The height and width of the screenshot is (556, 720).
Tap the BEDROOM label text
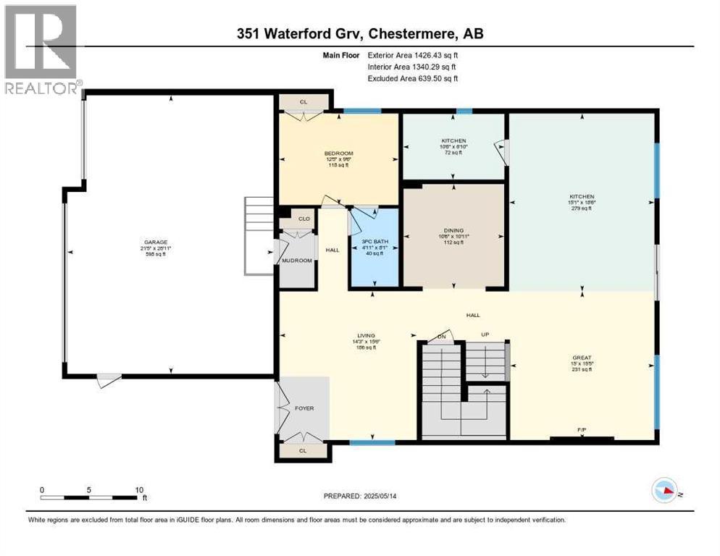click(338, 153)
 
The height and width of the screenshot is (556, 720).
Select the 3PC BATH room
click(374, 247)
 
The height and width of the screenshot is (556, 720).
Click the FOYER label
click(304, 408)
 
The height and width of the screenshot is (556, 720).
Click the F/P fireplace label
click(581, 430)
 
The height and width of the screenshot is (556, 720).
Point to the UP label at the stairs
click(486, 334)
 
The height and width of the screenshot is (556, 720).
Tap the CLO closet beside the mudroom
click(304, 218)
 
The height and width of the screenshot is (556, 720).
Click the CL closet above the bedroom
click(304, 102)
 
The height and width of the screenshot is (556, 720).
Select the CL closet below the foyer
click(303, 450)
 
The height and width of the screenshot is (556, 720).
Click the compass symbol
click(666, 492)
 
